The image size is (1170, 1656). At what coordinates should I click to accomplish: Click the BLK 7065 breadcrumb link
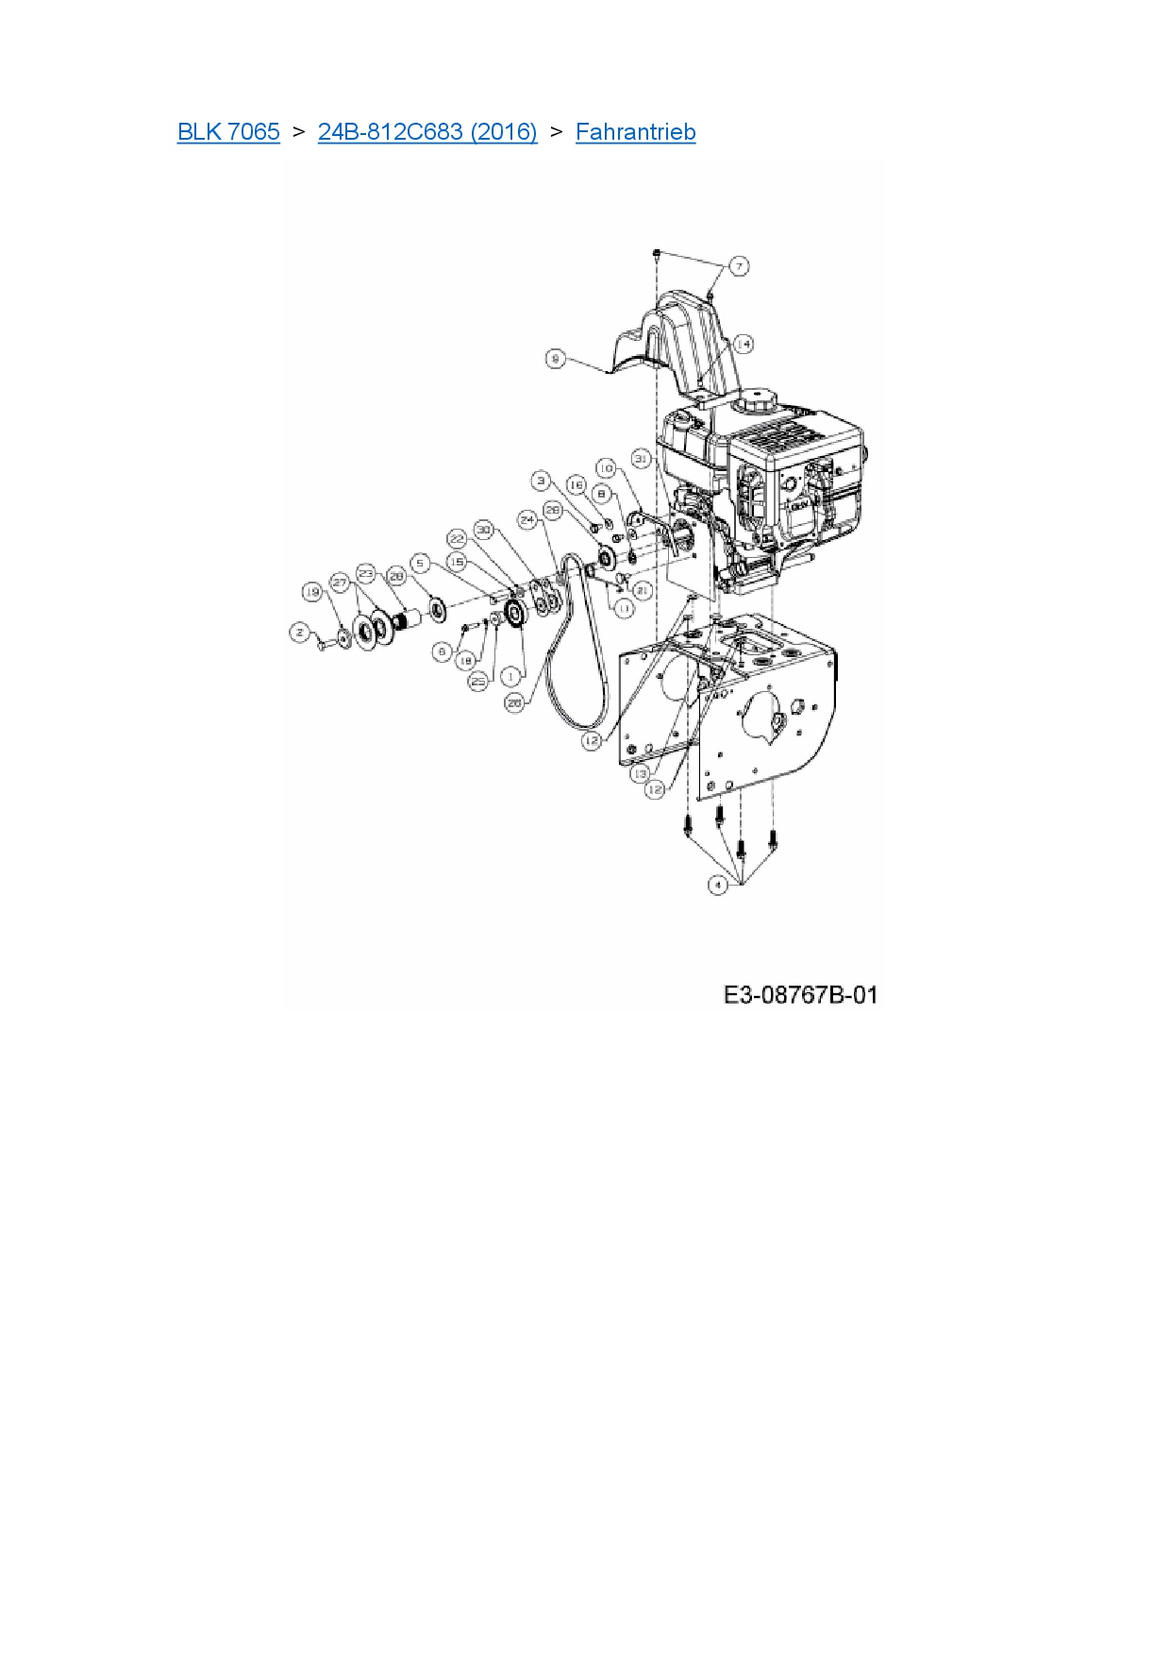(228, 132)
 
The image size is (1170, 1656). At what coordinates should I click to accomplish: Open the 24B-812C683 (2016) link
(427, 132)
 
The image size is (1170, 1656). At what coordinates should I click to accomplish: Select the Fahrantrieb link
(635, 132)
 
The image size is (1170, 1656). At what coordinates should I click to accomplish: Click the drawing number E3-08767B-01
(800, 995)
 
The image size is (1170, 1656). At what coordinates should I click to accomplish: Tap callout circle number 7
(739, 266)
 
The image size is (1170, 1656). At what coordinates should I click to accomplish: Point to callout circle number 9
(556, 359)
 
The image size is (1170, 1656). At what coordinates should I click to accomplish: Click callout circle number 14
(744, 344)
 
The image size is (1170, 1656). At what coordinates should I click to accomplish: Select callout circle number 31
(642, 459)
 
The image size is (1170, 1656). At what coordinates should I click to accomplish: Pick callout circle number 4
(718, 885)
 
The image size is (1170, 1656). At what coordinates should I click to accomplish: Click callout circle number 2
(300, 633)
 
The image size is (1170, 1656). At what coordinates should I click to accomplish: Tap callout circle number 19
(312, 592)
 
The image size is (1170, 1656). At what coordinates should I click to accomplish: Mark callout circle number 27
(340, 583)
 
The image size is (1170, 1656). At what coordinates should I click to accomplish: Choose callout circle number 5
(421, 563)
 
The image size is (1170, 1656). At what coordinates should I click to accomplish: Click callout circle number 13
(641, 773)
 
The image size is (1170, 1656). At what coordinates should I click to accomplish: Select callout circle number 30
(484, 531)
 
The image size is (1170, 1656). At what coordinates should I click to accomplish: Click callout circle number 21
(642, 590)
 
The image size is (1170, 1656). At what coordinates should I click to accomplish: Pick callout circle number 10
(607, 468)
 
